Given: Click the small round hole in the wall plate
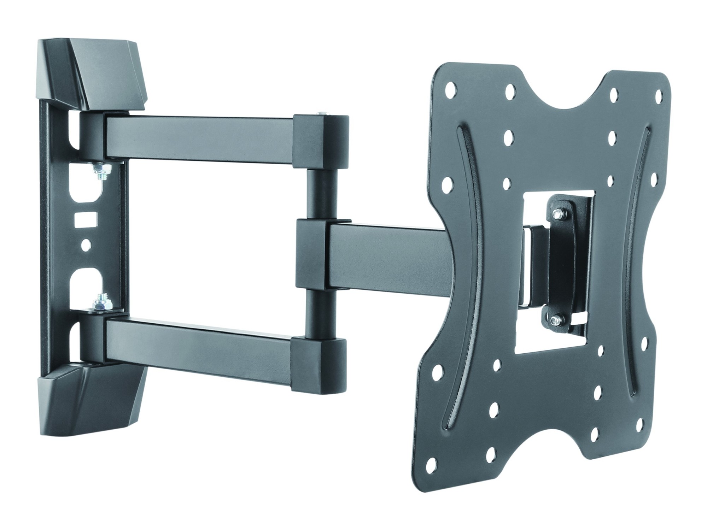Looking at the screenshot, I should [86, 244].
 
